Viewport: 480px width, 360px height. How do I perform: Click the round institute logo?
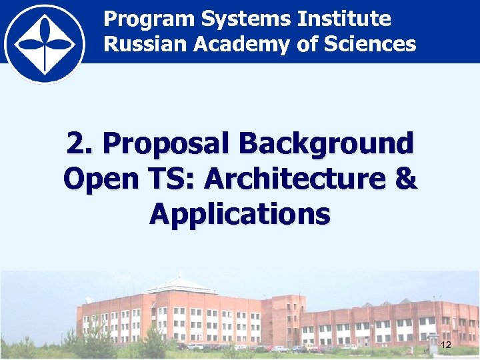(x=44, y=44)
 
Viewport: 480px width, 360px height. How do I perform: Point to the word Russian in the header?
(x=143, y=45)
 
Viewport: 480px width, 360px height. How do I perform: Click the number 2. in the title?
(x=80, y=143)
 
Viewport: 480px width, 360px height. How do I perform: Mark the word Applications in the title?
(x=240, y=214)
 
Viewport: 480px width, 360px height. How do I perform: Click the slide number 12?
(x=446, y=345)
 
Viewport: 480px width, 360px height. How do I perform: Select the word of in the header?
(x=313, y=45)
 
